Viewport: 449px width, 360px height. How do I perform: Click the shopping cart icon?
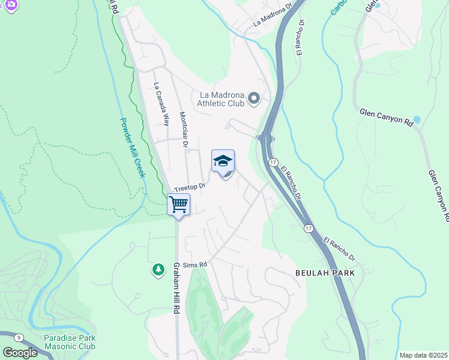(x=178, y=205)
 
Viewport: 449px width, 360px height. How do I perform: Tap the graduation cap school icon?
(x=223, y=161)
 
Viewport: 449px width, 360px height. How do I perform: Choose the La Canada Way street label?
(x=159, y=104)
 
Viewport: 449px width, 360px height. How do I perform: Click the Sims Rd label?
(x=196, y=264)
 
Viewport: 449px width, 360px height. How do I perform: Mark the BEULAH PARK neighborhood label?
(x=325, y=272)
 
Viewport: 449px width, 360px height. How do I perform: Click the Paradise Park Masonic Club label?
(x=70, y=342)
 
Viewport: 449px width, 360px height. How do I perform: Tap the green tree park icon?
(x=158, y=270)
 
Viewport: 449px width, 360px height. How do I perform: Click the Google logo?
(x=20, y=353)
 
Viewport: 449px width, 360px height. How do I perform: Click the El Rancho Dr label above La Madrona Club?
(x=301, y=39)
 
